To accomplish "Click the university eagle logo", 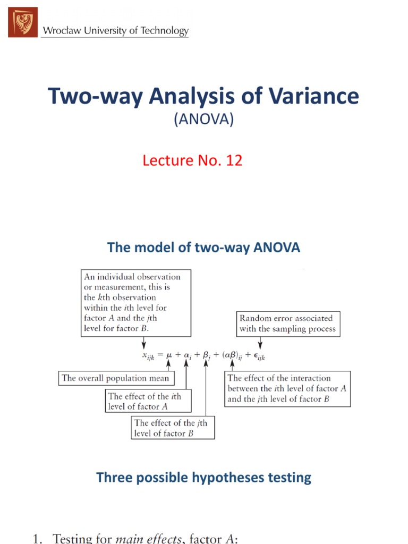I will point(23,22).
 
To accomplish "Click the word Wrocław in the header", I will point(60,31).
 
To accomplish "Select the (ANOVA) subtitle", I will point(203,120).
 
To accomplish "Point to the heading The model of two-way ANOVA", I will point(203,247).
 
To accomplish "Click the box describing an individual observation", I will point(136,303).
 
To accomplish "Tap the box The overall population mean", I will point(115,378).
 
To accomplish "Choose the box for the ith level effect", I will point(148,402).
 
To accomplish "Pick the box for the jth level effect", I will point(173,428).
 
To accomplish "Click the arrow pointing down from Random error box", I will point(259,344).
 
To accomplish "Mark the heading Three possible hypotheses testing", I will point(203,477).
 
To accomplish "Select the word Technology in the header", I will point(163,31).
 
